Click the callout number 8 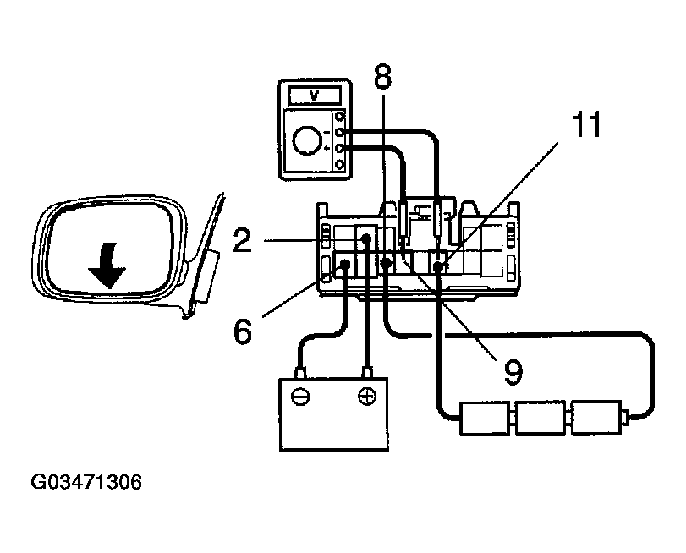pyautogui.click(x=382, y=78)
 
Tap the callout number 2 pyautogui.click(x=244, y=242)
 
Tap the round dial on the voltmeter pyautogui.click(x=310, y=138)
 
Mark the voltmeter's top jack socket pyautogui.click(x=340, y=116)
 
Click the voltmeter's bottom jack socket pyautogui.click(x=340, y=164)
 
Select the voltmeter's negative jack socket pyautogui.click(x=340, y=132)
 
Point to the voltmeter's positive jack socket pyautogui.click(x=340, y=149)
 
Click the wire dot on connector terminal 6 pyautogui.click(x=345, y=268)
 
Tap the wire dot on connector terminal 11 pyautogui.click(x=439, y=267)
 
